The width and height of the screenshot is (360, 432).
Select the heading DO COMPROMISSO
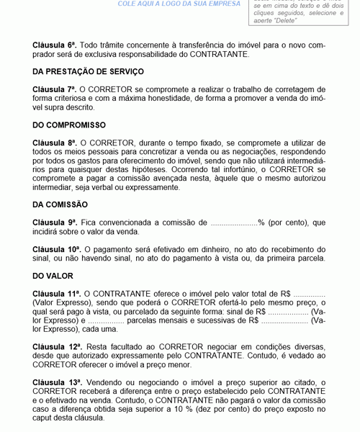69,125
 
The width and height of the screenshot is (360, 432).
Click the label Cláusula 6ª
54,45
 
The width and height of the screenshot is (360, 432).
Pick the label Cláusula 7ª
54,89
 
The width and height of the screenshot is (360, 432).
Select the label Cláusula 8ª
54,143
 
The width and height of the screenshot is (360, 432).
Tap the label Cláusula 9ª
54,222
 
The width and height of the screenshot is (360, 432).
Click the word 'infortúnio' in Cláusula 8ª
236,170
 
